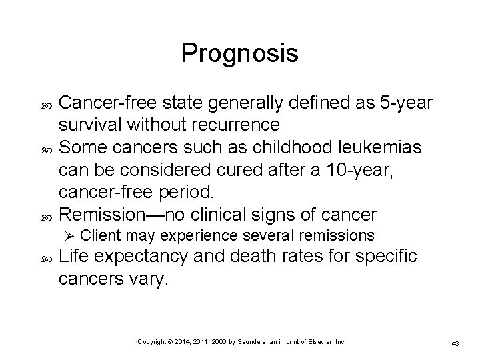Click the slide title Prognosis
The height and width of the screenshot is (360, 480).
tap(239, 53)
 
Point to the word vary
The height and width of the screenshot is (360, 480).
tap(151, 280)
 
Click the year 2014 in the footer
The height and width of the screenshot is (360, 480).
tap(180, 341)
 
